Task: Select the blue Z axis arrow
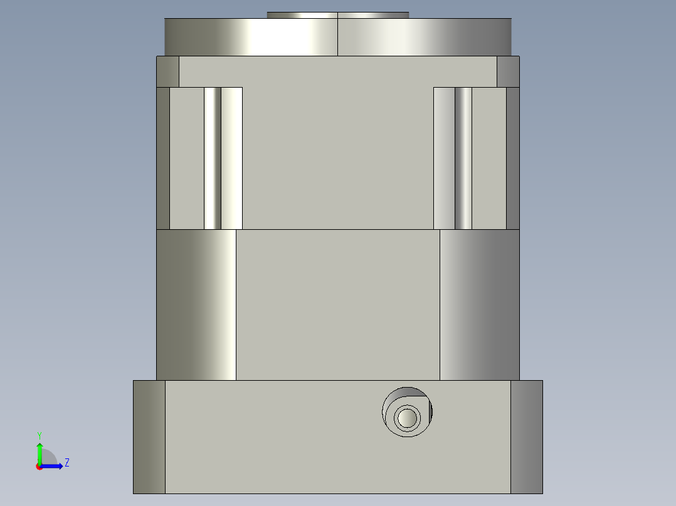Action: pos(53,466)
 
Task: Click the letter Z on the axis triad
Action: pos(66,463)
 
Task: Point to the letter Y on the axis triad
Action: pos(40,435)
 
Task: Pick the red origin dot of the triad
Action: pos(39,467)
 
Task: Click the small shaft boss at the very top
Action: pos(337,15)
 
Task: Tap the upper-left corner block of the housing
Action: pos(167,71)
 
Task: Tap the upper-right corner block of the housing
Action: pos(508,71)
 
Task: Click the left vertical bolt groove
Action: pos(213,158)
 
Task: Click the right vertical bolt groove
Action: pos(463,158)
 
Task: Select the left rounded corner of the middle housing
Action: pos(196,304)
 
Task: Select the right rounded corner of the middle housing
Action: pos(480,304)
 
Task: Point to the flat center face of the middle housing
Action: pos(337,304)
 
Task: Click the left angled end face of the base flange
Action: pos(149,436)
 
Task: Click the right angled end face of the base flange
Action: pos(527,436)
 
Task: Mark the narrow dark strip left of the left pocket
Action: pos(162,158)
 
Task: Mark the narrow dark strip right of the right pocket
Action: pos(513,158)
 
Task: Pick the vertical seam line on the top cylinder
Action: pos(337,37)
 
